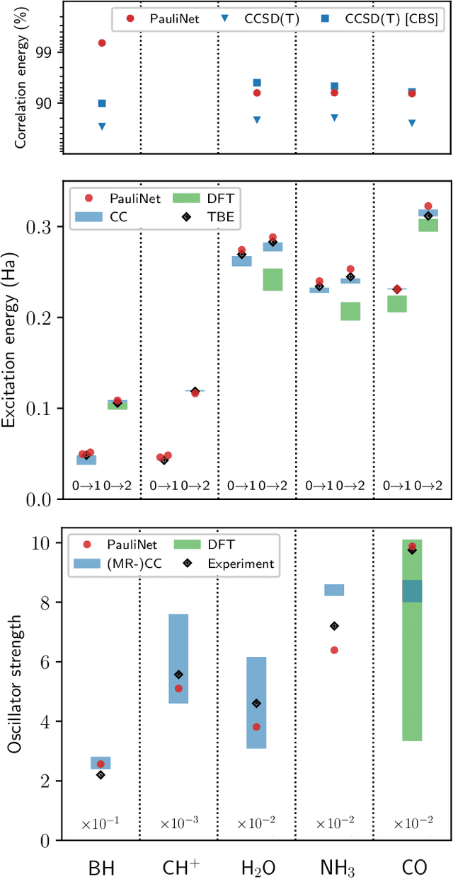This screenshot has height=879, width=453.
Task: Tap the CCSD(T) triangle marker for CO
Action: pos(412,123)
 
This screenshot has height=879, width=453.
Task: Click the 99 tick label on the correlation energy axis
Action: pos(44,52)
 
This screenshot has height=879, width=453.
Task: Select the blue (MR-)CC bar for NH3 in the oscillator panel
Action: pos(334,590)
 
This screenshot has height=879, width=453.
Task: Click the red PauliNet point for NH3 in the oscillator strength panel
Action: pos(334,650)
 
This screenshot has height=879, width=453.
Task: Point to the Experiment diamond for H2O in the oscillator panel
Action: pos(256,703)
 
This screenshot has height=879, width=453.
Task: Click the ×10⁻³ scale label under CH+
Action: pos(178,823)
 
